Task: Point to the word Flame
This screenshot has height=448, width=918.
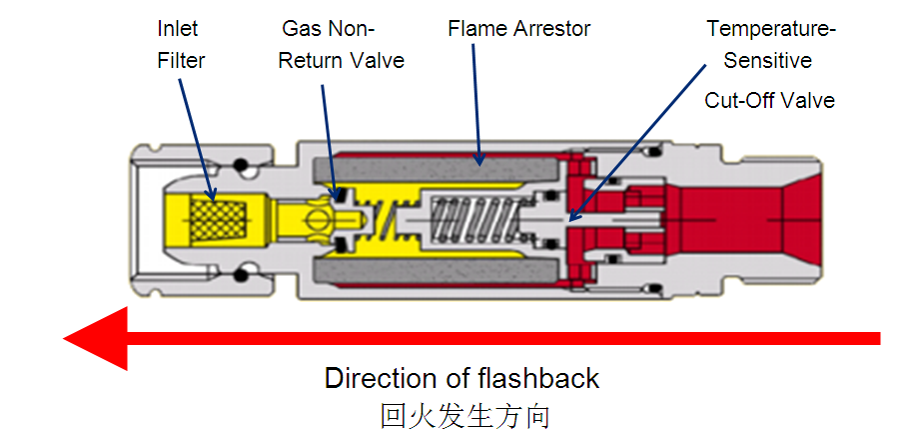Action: [479, 28]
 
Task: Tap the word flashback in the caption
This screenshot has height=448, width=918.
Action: [542, 378]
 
